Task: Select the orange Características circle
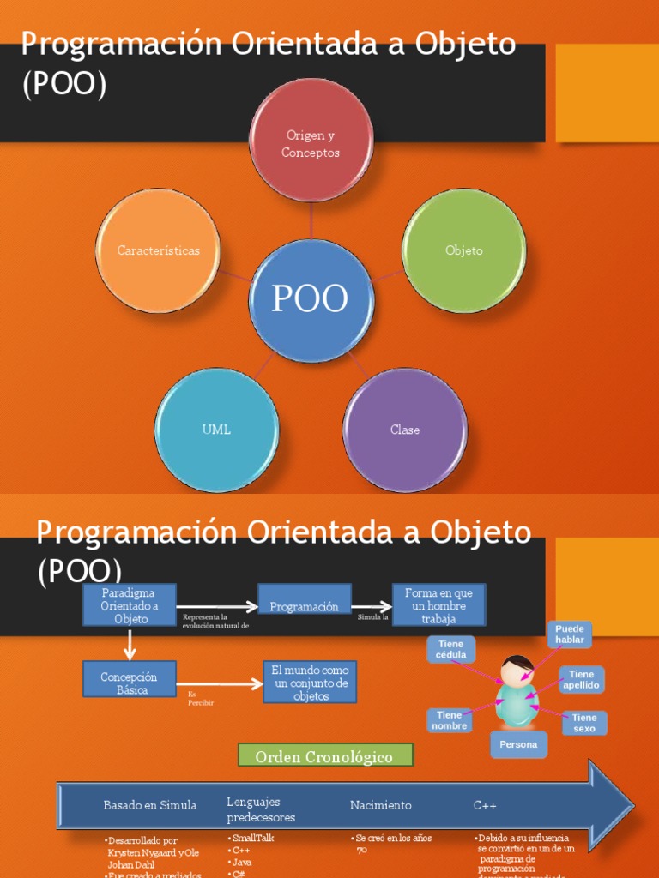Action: click(x=158, y=250)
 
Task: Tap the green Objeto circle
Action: click(x=463, y=250)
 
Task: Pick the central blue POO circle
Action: click(x=311, y=300)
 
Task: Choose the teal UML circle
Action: click(x=217, y=430)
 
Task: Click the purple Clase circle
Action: click(x=405, y=430)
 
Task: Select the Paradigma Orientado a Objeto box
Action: click(x=130, y=605)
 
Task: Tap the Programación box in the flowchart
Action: click(x=305, y=606)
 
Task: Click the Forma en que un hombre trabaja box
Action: click(x=438, y=605)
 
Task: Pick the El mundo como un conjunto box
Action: click(x=310, y=683)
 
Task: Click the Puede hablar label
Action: click(x=570, y=634)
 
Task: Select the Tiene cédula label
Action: click(x=450, y=649)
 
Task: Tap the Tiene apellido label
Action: click(x=582, y=680)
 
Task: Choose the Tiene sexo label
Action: click(x=584, y=723)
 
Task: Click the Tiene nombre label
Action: click(x=450, y=720)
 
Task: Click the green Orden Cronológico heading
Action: click(x=325, y=756)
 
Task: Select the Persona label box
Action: click(x=518, y=744)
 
